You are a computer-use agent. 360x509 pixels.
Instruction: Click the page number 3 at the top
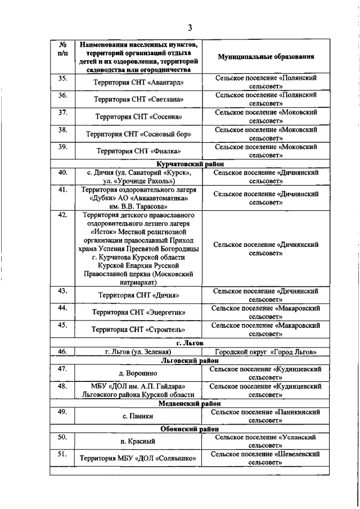[x=190, y=28]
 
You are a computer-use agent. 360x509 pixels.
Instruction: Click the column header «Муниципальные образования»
[x=266, y=57]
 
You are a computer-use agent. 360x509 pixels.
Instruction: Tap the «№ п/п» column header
[x=62, y=49]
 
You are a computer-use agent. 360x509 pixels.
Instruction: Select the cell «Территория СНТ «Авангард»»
[x=138, y=83]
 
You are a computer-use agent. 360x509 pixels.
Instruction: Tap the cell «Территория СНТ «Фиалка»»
[x=138, y=151]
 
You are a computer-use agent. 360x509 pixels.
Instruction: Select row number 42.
[x=62, y=215]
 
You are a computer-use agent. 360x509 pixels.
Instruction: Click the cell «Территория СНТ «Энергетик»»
[x=138, y=312]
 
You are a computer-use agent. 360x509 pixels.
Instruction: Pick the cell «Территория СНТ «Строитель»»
[x=138, y=329]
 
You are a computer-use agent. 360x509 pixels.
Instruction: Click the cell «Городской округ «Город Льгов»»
[x=266, y=352]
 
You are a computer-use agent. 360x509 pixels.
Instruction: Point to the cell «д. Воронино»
[x=138, y=373]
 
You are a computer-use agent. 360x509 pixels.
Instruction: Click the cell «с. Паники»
[x=138, y=416]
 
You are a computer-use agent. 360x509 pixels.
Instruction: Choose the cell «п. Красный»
[x=138, y=441]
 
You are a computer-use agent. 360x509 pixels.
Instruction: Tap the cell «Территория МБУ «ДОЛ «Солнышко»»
[x=138, y=458]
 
